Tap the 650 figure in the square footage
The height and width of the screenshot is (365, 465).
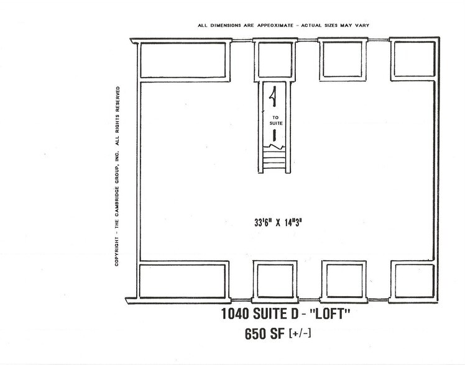pyautogui.click(x=256, y=336)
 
